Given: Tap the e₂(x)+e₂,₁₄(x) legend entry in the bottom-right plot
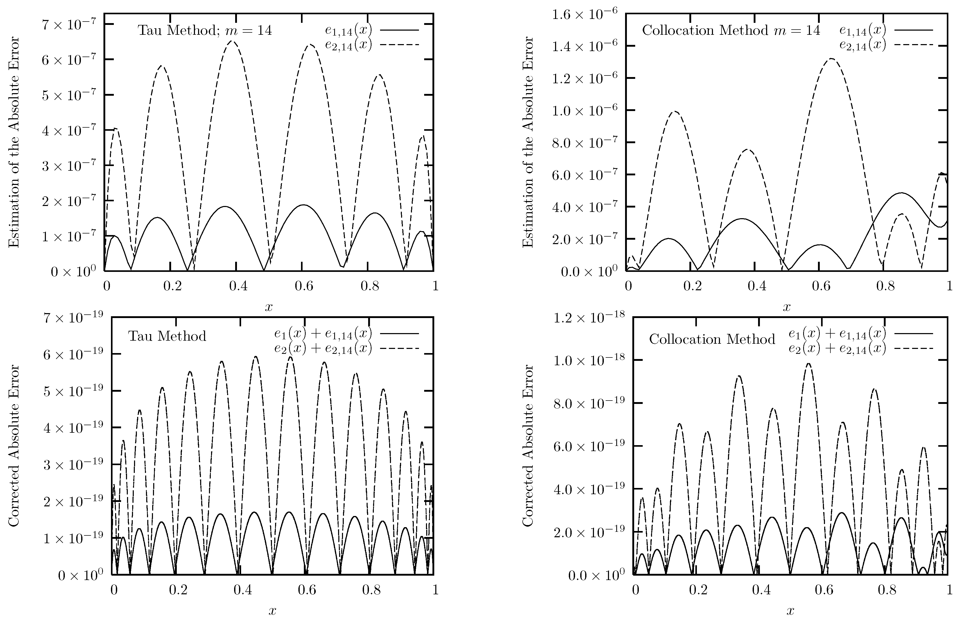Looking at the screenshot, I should click(x=860, y=348).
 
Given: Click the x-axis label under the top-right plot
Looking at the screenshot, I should click(x=786, y=307).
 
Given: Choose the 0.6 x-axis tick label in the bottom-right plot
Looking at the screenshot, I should click(x=824, y=590).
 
